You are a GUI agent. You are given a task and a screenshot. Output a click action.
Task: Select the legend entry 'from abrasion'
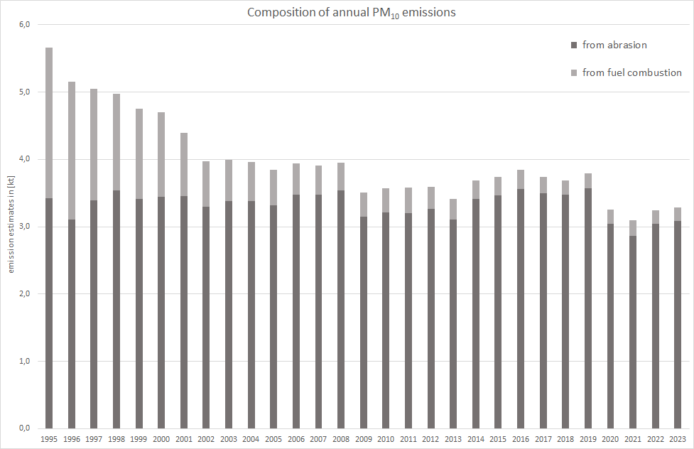point(614,45)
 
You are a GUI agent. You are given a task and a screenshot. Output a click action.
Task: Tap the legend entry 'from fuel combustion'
point(631,72)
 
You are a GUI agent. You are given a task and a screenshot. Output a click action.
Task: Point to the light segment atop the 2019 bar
point(588,180)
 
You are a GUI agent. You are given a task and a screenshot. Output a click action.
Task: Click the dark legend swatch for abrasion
point(574,45)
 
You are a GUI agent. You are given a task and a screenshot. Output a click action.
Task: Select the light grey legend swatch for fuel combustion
point(574,73)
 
